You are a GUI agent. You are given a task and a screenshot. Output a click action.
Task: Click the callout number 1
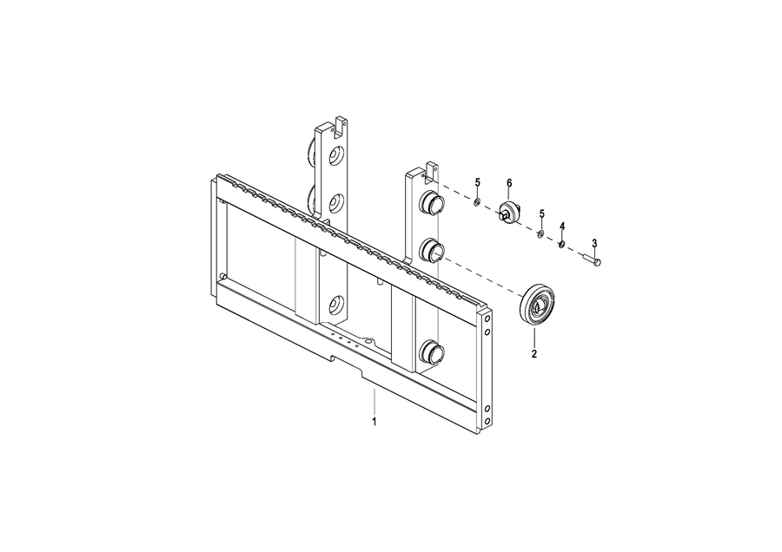(x=374, y=422)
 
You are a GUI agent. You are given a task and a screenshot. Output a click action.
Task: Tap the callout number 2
(x=534, y=354)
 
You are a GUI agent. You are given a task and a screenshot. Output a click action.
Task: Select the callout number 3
(x=594, y=243)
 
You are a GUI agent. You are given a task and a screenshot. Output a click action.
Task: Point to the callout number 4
(x=562, y=227)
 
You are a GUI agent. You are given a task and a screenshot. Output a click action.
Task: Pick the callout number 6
(x=509, y=183)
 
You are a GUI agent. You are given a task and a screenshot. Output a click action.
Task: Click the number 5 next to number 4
(x=541, y=214)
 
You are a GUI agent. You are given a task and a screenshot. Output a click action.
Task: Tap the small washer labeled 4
(x=561, y=245)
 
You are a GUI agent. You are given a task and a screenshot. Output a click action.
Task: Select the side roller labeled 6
(x=510, y=213)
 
